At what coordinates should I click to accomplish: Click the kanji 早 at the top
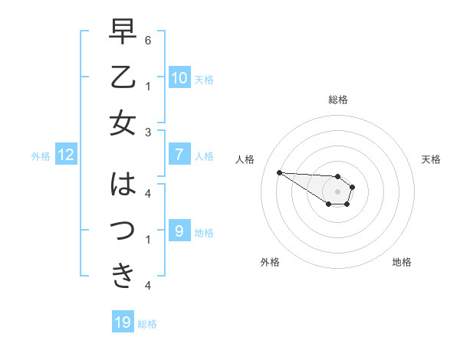click(123, 33)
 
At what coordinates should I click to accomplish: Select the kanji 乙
click(123, 77)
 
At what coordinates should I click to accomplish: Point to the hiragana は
click(123, 185)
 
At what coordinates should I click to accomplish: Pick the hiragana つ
click(123, 230)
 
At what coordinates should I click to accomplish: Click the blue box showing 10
click(179, 77)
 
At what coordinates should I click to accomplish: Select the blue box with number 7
click(179, 155)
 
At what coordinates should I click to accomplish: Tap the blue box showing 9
click(179, 231)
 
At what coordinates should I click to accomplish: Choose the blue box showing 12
click(66, 155)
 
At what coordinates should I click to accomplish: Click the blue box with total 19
click(123, 322)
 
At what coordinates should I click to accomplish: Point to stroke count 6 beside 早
click(148, 40)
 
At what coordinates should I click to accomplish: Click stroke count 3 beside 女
click(148, 132)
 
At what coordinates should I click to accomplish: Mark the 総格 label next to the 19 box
click(148, 324)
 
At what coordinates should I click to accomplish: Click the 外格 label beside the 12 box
click(41, 156)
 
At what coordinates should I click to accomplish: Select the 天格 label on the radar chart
click(432, 159)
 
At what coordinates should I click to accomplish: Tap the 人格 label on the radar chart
click(245, 159)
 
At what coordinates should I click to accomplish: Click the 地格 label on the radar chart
click(402, 262)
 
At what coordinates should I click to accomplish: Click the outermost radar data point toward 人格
click(279, 172)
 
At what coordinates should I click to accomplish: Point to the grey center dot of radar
click(337, 191)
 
